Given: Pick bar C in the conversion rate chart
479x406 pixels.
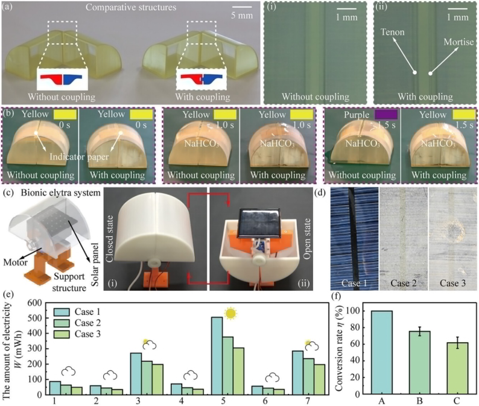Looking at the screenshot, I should click(444, 369).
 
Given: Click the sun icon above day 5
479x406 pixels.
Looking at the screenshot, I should click(230, 313).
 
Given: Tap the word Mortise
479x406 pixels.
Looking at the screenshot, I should click(454, 42).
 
